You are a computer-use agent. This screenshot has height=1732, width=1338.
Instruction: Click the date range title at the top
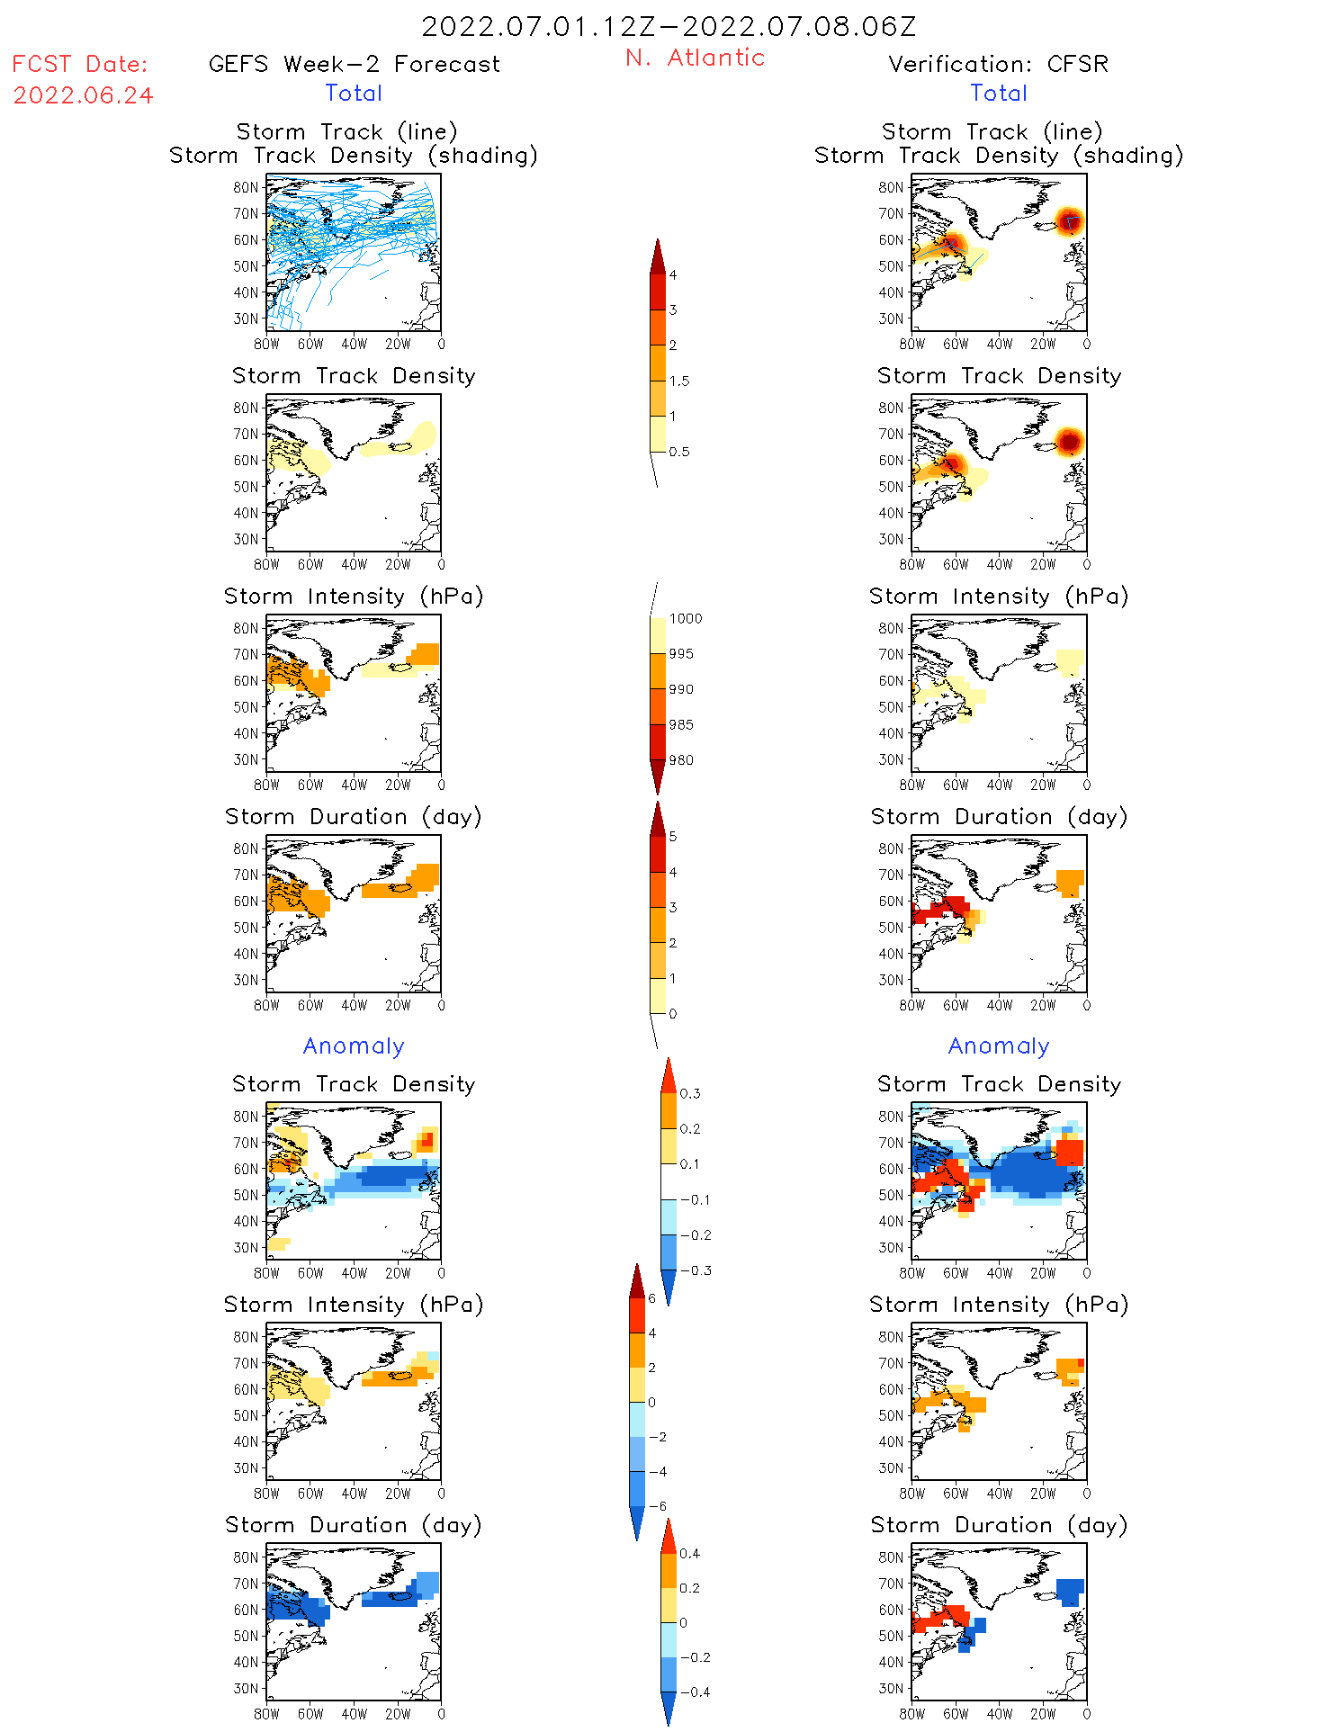click(x=669, y=26)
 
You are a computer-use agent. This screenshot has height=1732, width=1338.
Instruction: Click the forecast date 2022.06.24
click(x=83, y=95)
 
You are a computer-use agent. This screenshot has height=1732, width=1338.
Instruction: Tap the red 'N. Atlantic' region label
click(x=695, y=58)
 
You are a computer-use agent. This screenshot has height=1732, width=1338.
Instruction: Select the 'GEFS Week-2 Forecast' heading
click(x=354, y=64)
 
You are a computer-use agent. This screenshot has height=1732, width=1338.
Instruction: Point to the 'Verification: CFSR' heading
click(x=998, y=64)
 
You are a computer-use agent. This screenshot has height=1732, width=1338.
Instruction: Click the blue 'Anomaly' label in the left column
click(x=354, y=1045)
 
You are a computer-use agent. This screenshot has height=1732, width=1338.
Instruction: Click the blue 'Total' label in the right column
click(x=998, y=93)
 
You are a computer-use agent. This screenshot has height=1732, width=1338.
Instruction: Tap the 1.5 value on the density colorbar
click(x=679, y=381)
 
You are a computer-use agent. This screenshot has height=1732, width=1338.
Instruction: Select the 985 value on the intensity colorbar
click(x=681, y=724)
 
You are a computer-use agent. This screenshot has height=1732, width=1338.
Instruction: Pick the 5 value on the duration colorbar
click(x=673, y=837)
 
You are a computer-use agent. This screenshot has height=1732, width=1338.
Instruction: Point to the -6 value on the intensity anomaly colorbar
click(x=658, y=1506)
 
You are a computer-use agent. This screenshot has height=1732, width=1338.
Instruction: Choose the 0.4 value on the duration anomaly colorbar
click(x=689, y=1553)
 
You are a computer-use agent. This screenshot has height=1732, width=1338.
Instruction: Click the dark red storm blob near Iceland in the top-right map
click(x=1069, y=220)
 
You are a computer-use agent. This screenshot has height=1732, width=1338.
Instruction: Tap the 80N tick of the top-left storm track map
click(x=245, y=187)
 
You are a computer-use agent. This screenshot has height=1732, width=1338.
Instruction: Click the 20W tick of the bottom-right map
click(x=1043, y=1714)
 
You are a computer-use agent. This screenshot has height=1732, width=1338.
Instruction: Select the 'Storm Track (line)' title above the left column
click(x=346, y=131)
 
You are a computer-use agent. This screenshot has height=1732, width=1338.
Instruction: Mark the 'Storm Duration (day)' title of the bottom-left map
click(x=354, y=1525)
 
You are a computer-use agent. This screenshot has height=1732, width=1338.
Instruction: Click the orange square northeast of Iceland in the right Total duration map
click(x=1070, y=882)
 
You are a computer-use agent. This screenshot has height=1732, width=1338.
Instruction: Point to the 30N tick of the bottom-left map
click(x=245, y=1688)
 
